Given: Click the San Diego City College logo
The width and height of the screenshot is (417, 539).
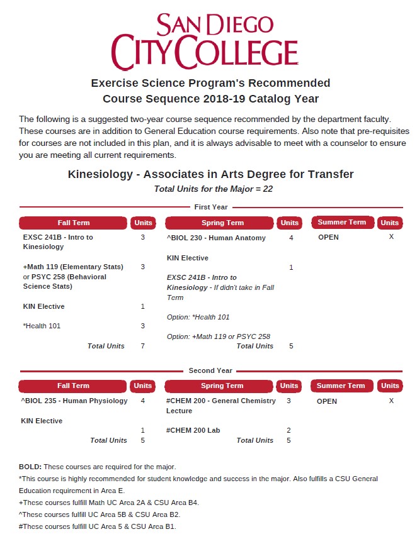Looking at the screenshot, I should [204, 41].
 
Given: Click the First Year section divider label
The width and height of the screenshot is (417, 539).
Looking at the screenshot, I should [210, 207].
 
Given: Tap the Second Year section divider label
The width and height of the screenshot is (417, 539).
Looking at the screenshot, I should [210, 370].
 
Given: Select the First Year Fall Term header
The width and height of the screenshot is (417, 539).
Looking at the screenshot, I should [74, 223].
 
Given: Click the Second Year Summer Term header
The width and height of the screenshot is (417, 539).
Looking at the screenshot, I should [341, 386].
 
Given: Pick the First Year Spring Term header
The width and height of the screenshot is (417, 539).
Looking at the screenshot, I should [222, 223].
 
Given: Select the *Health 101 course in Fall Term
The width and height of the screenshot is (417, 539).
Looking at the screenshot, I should [42, 326].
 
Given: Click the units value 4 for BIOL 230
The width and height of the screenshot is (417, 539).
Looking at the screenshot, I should [291, 238].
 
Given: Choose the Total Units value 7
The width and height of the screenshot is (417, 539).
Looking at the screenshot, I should [143, 346].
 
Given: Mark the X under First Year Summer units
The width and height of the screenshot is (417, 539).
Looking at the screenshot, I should [391, 237].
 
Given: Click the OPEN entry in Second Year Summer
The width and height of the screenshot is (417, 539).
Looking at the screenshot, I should [327, 401].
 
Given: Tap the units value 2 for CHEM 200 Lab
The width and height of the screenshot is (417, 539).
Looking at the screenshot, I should [288, 430].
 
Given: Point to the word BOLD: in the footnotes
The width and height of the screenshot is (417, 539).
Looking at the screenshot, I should [30, 467].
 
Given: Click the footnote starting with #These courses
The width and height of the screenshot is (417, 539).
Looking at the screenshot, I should [98, 526].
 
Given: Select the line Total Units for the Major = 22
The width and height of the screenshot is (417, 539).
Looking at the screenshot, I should [213, 189].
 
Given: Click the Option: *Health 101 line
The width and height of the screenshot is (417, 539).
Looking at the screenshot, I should [198, 317].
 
